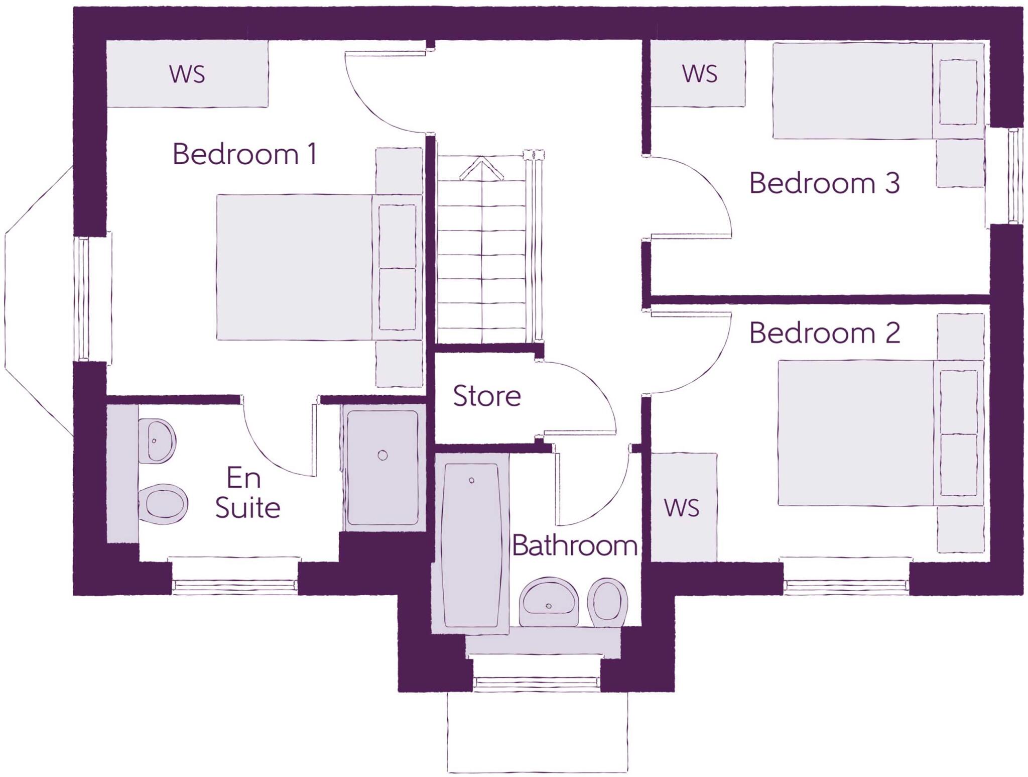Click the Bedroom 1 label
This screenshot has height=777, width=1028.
[x=244, y=154]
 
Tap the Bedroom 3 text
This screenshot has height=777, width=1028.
[x=824, y=183]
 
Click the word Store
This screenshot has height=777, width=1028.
[x=486, y=396]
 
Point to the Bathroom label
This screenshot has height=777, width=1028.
[x=574, y=546]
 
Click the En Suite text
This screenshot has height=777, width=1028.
[x=246, y=493]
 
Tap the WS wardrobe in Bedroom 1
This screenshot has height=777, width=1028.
[x=187, y=74]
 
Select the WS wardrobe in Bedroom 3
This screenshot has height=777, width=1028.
[x=699, y=74]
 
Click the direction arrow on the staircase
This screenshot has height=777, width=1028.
[x=481, y=168]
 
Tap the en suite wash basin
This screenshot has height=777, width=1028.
[x=157, y=441]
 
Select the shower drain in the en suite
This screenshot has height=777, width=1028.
[x=382, y=456]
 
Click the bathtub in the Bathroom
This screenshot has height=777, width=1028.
[x=471, y=545]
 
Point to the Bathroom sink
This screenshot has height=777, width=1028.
[x=549, y=603]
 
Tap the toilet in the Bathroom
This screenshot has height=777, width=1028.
[x=608, y=601]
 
